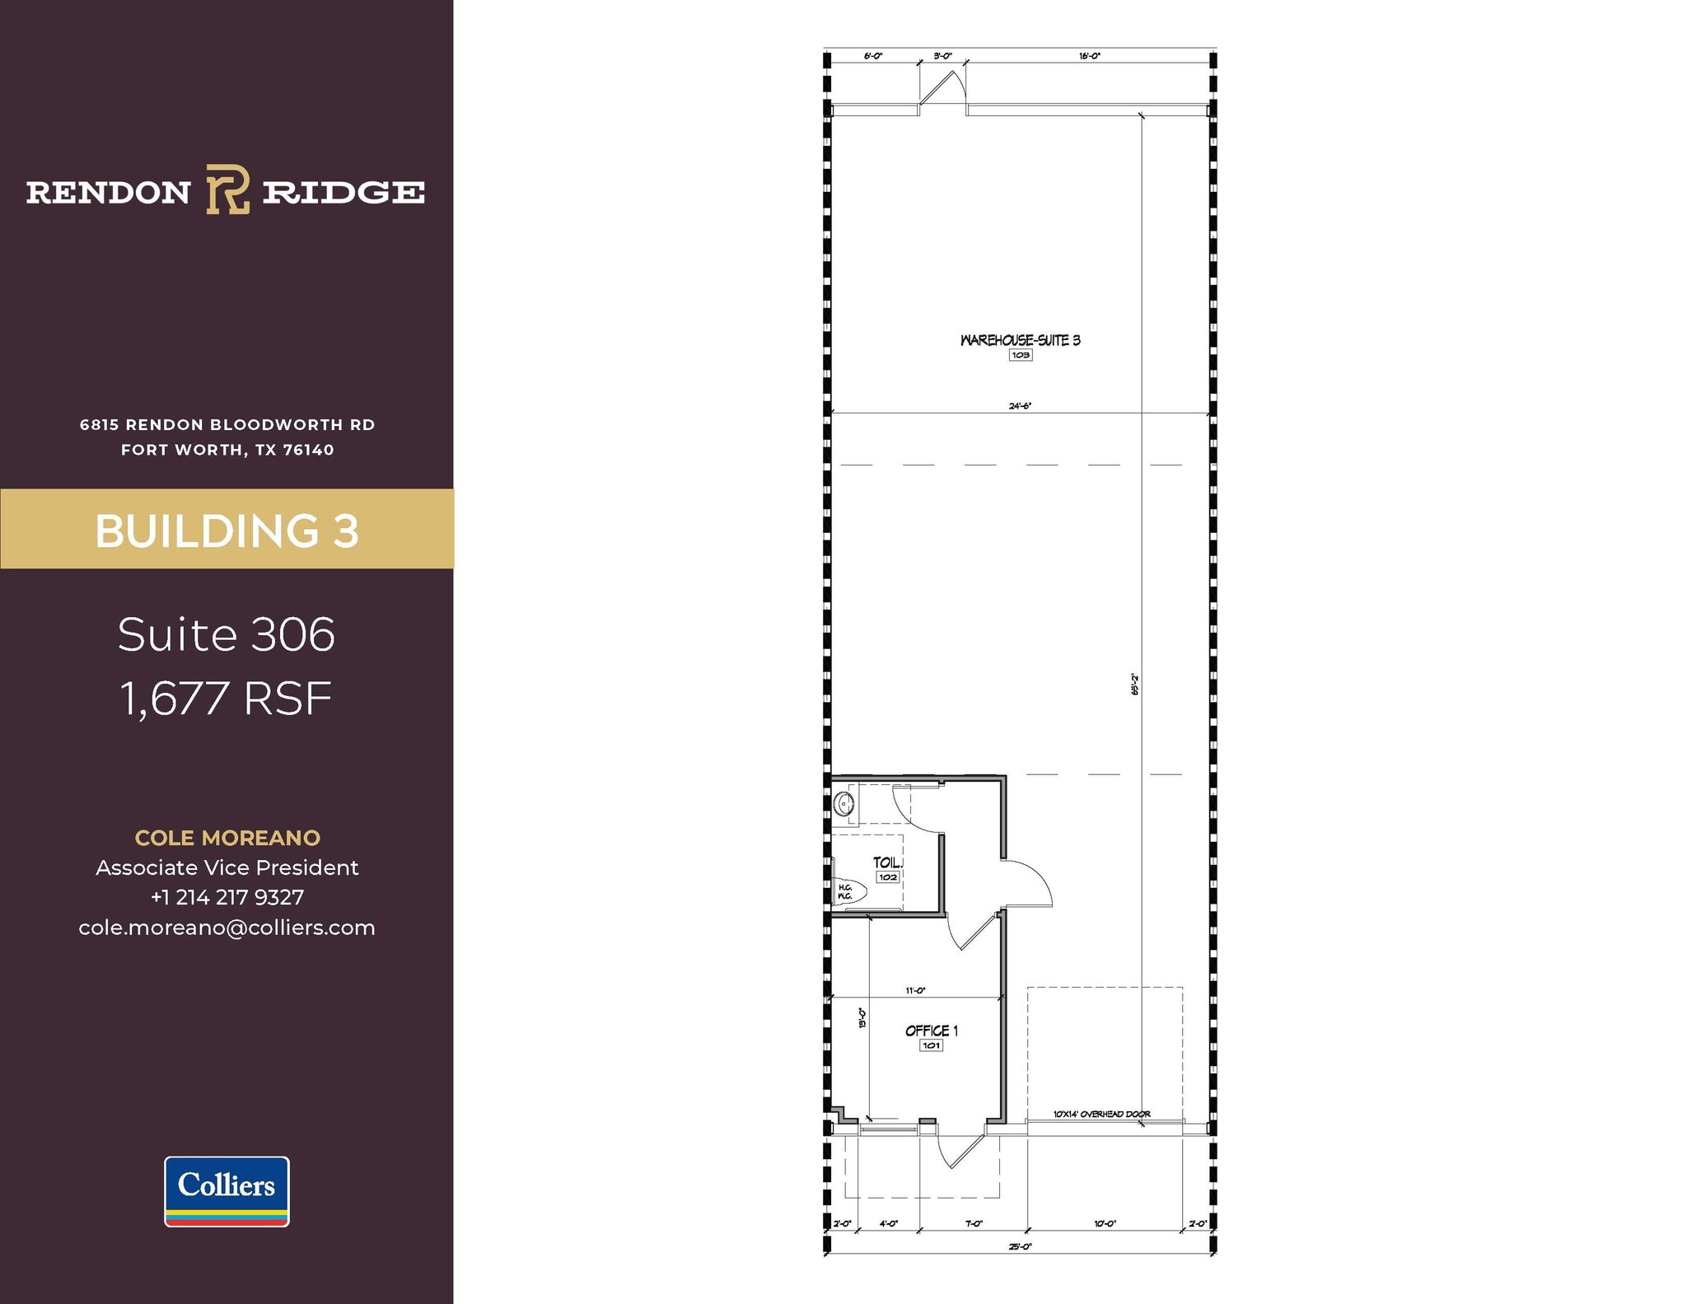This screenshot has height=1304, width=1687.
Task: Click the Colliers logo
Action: pyautogui.click(x=227, y=1190)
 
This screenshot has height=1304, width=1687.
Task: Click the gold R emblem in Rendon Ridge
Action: pyautogui.click(x=227, y=189)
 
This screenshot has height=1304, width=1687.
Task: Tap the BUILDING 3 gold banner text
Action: pyautogui.click(x=227, y=530)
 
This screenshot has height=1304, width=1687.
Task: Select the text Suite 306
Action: pyautogui.click(x=227, y=634)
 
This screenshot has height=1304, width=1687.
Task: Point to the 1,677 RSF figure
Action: pyautogui.click(x=227, y=699)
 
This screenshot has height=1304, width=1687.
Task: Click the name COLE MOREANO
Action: pyautogui.click(x=227, y=838)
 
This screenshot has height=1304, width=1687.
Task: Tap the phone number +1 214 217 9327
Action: pyautogui.click(x=227, y=897)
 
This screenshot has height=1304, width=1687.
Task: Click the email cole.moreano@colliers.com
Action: pyautogui.click(x=227, y=928)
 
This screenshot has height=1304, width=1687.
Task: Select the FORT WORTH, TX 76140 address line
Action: pyautogui.click(x=227, y=450)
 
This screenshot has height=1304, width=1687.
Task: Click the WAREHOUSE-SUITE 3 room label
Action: pyautogui.click(x=1020, y=340)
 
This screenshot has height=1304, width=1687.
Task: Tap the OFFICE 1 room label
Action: pyautogui.click(x=931, y=1031)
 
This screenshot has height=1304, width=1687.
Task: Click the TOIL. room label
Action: pyautogui.click(x=887, y=862)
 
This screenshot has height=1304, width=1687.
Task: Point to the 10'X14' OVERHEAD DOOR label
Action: pyautogui.click(x=1101, y=1114)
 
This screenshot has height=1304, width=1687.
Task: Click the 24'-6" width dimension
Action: pyautogui.click(x=1020, y=405)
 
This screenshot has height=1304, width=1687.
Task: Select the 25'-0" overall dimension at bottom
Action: pyautogui.click(x=1020, y=1246)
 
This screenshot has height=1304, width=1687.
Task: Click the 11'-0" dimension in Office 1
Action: pyautogui.click(x=915, y=990)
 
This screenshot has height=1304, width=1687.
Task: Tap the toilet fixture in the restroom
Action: pyautogui.click(x=848, y=891)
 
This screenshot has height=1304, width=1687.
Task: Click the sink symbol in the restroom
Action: pyautogui.click(x=843, y=803)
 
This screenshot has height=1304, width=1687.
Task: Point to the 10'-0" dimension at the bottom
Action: pyautogui.click(x=1105, y=1224)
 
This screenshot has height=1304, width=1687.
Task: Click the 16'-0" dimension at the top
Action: pyautogui.click(x=1089, y=56)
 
